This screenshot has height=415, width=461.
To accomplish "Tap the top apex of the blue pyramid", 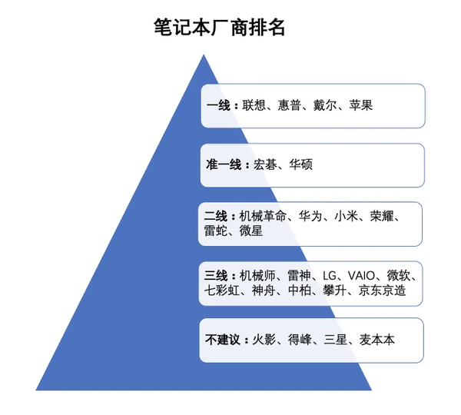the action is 203,55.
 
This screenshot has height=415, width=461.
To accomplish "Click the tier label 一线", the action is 219,105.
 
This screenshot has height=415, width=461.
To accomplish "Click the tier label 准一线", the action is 224,164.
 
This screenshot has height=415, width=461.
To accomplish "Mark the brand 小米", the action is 347,216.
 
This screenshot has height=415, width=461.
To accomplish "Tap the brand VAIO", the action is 362,275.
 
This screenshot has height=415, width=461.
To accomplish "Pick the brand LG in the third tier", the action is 330,275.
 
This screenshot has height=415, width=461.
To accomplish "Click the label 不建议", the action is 223,339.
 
